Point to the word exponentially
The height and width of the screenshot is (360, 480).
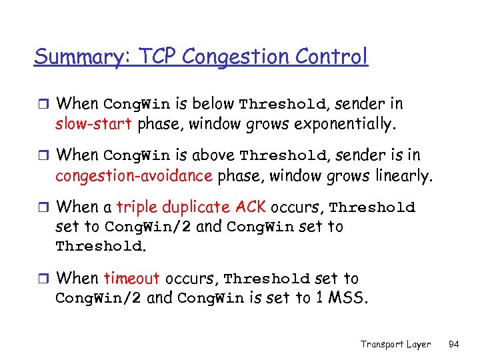(x=346, y=124)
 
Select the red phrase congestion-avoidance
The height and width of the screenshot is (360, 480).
(x=133, y=176)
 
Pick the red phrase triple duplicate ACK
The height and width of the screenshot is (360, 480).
(x=191, y=207)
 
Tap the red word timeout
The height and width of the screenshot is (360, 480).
(x=131, y=279)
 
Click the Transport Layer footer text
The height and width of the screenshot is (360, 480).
(x=395, y=344)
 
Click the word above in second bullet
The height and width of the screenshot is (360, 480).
(x=213, y=155)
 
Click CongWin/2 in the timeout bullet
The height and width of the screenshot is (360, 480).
(x=98, y=299)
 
